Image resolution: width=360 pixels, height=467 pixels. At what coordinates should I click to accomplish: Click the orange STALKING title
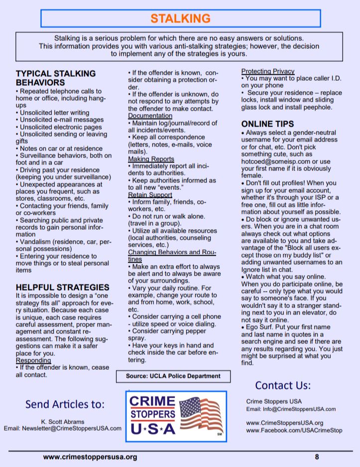click(x=180, y=19)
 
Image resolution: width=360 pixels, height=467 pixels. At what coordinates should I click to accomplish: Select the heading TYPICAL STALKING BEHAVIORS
click(x=55, y=78)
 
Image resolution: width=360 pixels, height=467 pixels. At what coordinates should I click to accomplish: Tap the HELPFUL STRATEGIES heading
click(x=62, y=287)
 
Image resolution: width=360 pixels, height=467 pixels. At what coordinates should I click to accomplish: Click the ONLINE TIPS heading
click(x=267, y=124)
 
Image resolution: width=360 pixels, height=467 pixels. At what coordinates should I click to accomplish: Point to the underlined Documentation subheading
click(x=150, y=116)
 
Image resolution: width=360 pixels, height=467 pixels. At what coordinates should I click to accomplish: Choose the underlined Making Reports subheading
click(x=150, y=158)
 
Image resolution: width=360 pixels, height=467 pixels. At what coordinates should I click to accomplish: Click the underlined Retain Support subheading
click(x=150, y=194)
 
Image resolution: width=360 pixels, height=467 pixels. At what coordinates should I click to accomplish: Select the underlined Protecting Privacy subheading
click(x=268, y=71)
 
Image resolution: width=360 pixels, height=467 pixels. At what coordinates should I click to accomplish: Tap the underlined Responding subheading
click(x=33, y=360)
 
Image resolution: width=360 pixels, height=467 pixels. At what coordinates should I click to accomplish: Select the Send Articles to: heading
click(x=65, y=404)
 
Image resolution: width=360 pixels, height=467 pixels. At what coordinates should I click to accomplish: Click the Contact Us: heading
click(x=283, y=385)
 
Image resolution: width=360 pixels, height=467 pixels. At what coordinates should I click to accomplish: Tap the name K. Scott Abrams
click(x=63, y=421)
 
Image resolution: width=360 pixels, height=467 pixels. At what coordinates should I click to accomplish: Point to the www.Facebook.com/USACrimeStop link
click(x=294, y=430)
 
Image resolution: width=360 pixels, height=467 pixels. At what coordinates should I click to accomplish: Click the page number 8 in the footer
click(x=317, y=456)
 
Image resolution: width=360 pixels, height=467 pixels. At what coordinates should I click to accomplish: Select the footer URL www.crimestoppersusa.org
click(x=90, y=456)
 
